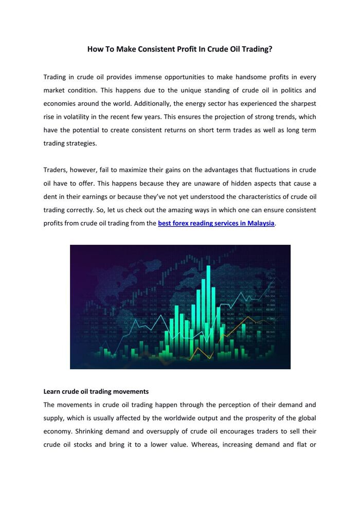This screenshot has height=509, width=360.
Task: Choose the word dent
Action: (50, 197)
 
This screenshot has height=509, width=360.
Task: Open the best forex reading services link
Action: (216, 224)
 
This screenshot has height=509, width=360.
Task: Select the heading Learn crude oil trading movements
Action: (96, 391)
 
